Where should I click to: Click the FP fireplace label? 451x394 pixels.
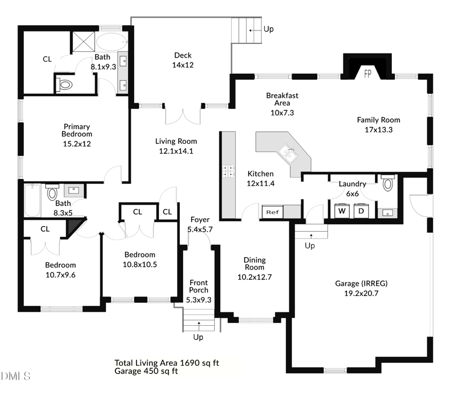[368, 74]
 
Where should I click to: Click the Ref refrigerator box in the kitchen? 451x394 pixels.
[272, 212]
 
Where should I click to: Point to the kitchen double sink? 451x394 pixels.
[289, 153]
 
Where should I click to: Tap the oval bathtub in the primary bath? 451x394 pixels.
[112, 42]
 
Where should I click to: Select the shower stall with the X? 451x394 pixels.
[83, 41]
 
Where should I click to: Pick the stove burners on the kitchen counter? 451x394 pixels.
[228, 171]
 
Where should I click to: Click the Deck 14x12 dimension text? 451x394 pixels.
[183, 65]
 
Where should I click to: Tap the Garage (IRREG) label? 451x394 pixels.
[361, 284]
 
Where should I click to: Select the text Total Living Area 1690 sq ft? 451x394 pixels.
[167, 363]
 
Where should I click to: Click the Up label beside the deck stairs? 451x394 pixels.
[269, 29]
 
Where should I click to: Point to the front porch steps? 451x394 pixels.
[199, 320]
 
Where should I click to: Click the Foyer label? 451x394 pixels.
[200, 220]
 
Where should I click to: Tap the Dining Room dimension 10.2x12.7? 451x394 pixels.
[255, 277]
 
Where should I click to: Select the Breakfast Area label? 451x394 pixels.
[282, 99]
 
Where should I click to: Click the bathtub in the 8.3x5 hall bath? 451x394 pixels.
[32, 201]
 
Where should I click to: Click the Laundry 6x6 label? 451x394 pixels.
[352, 189]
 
